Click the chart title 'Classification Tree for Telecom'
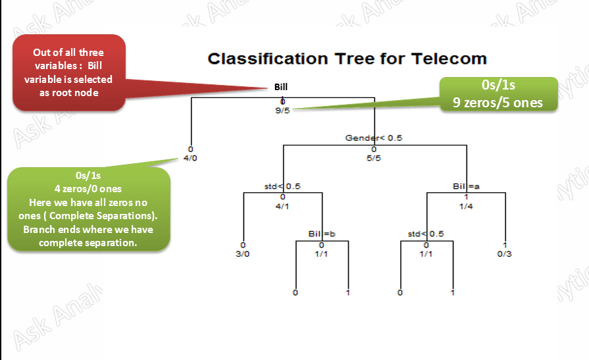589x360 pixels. (347, 59)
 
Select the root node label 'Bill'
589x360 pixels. (281, 87)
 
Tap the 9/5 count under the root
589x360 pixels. (282, 111)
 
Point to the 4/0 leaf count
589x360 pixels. (190, 158)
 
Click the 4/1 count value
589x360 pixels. (282, 205)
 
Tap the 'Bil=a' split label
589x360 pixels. (466, 186)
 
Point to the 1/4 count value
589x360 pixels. (466, 205)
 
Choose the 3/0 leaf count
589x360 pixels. (243, 253)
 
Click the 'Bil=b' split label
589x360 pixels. (322, 234)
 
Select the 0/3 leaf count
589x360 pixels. (505, 253)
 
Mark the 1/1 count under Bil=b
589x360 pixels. (322, 253)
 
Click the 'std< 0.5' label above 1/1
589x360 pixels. (426, 234)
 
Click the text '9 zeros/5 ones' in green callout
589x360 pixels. (498, 102)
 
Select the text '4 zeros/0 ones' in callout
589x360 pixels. (88, 190)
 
